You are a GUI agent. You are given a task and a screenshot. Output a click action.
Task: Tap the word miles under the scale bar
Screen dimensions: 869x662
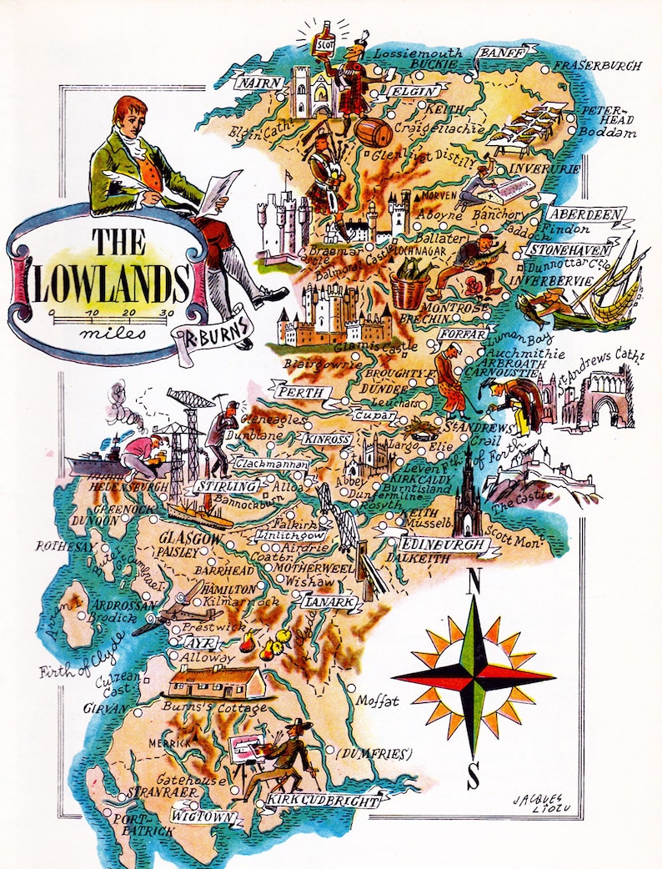(111, 333)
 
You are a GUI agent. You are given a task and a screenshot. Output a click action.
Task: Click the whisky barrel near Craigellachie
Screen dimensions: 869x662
(374, 133)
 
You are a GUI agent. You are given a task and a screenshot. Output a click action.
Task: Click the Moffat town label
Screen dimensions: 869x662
(379, 701)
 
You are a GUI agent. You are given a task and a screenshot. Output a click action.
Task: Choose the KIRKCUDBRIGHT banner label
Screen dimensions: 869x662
(323, 801)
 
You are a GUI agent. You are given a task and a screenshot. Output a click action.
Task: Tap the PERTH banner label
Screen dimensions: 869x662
(298, 392)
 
